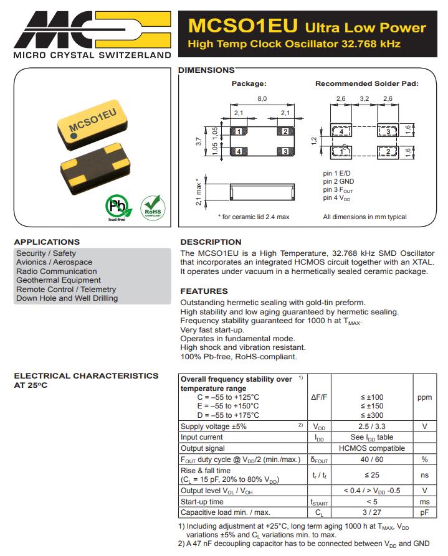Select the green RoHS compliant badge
152,206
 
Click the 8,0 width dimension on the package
262,99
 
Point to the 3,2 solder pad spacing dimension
365,99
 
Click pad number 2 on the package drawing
285,131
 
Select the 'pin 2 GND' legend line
338,182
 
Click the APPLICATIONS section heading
47,242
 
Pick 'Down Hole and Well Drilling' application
67,298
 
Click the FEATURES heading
204,291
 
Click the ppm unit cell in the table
424,397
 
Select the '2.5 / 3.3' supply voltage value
372,426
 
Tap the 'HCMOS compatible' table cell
372,448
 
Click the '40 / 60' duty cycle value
372,459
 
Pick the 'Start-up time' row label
202,502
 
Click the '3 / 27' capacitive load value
372,512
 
